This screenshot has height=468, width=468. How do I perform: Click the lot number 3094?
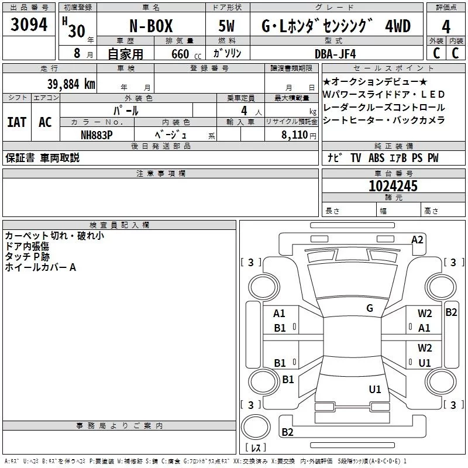[29, 25]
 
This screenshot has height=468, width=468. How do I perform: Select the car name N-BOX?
[151, 26]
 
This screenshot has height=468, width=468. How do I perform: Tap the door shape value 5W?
[226, 26]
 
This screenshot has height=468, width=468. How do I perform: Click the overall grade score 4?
[446, 27]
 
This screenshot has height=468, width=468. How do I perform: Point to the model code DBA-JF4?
[335, 54]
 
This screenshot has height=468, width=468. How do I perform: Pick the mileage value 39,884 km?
[71, 84]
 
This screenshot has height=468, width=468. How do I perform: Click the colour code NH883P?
[97, 135]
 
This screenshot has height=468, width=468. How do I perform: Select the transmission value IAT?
[17, 122]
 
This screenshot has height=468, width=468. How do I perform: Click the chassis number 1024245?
[393, 186]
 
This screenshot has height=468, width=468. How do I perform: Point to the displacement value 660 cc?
[186, 54]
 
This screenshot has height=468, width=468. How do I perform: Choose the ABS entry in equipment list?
[376, 158]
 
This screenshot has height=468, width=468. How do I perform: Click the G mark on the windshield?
[370, 308]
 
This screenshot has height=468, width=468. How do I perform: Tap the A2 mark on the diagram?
[417, 240]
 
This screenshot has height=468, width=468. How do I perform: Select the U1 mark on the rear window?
[375, 389]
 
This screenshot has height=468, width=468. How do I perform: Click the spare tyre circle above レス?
[256, 427]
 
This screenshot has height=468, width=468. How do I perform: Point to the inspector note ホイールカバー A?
[40, 267]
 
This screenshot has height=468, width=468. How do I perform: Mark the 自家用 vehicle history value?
[125, 54]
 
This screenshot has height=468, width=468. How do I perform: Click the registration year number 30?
[77, 31]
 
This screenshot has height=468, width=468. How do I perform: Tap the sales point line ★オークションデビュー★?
[375, 81]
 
